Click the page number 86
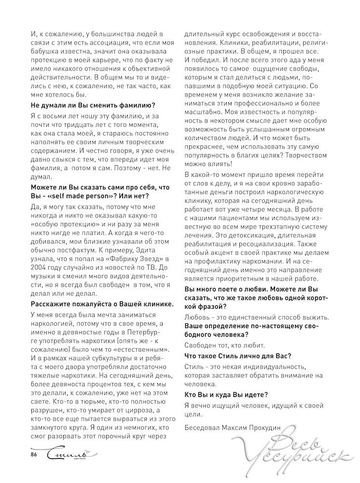click(33, 455)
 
